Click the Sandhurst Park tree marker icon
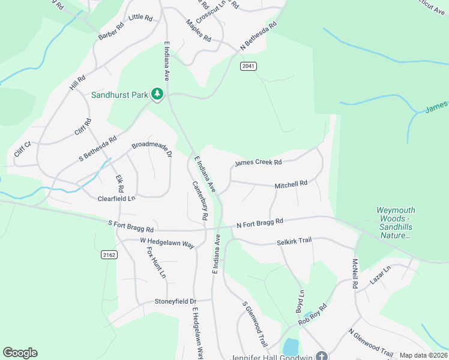(157, 94)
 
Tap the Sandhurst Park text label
(119, 95)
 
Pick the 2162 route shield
(108, 255)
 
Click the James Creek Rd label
(258, 163)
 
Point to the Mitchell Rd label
(291, 185)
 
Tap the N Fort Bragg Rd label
(260, 223)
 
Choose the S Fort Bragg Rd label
(131, 227)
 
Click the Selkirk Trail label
(295, 241)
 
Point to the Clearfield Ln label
(116, 198)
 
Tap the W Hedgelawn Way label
(167, 243)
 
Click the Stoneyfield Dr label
(175, 301)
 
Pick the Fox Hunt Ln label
(157, 263)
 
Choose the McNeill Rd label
(355, 274)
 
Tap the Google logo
(20, 353)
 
